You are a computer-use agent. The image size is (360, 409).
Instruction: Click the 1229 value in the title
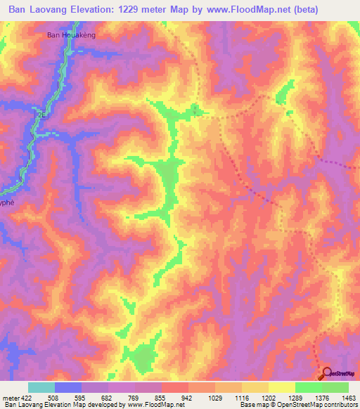pos(143,10)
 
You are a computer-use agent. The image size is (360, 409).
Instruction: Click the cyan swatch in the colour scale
pos(41,387)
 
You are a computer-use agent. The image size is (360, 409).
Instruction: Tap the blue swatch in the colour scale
pos(68,387)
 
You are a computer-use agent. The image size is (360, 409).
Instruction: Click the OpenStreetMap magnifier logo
pos(327,373)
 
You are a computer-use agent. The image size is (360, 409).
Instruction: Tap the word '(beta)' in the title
pos(285,10)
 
